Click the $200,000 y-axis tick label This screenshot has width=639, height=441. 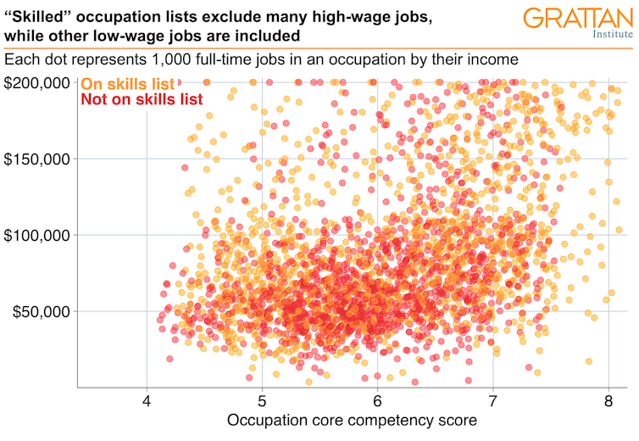pos(38,83)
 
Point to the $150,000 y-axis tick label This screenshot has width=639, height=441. pos(38,159)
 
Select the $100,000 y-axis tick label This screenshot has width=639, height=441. pos(38,235)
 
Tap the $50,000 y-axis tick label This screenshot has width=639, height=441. pos(42,311)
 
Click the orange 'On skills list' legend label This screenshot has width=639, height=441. pos(127,84)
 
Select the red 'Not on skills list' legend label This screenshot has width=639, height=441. pos(142,99)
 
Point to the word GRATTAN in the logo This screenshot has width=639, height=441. pos(577,19)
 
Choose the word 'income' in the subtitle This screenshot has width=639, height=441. pos(494,61)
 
